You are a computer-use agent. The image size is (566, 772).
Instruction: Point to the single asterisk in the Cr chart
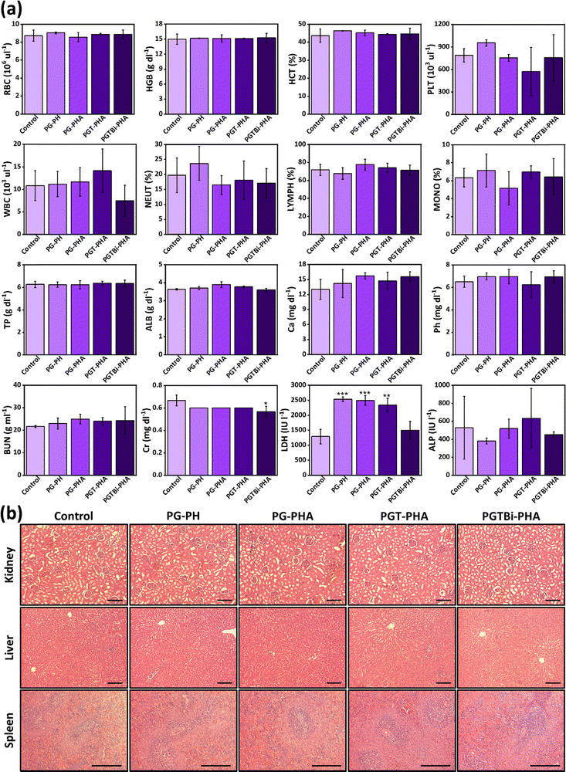click(266, 404)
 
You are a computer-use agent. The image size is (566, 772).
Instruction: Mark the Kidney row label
click(8, 564)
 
